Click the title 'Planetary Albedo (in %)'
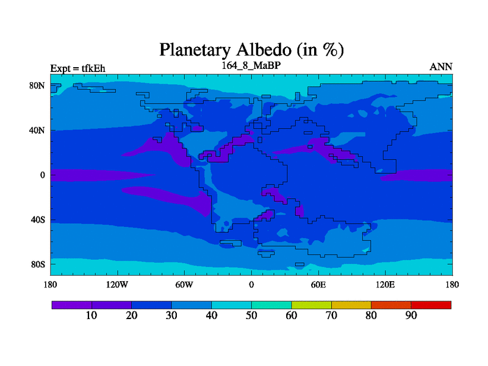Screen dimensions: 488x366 251,50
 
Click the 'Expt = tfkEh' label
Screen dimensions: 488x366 78,68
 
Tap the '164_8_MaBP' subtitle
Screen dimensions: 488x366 251,65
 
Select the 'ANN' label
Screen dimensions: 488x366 440,67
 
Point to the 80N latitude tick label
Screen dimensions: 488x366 37,85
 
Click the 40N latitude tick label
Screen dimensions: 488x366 37,130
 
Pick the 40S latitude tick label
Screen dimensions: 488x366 38,220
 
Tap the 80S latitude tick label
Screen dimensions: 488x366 38,265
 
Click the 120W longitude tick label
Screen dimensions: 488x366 117,284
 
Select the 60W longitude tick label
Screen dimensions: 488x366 184,284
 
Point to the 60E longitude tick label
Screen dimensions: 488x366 318,284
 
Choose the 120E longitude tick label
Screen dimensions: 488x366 386,284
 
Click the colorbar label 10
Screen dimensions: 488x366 91,315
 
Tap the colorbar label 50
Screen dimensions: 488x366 251,315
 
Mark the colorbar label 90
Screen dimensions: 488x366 411,315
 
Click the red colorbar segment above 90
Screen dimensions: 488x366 431,305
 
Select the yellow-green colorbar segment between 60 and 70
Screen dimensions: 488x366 311,305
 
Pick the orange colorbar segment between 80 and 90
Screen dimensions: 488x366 391,305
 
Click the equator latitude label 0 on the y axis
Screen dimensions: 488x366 42,175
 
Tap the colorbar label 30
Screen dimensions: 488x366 171,315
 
